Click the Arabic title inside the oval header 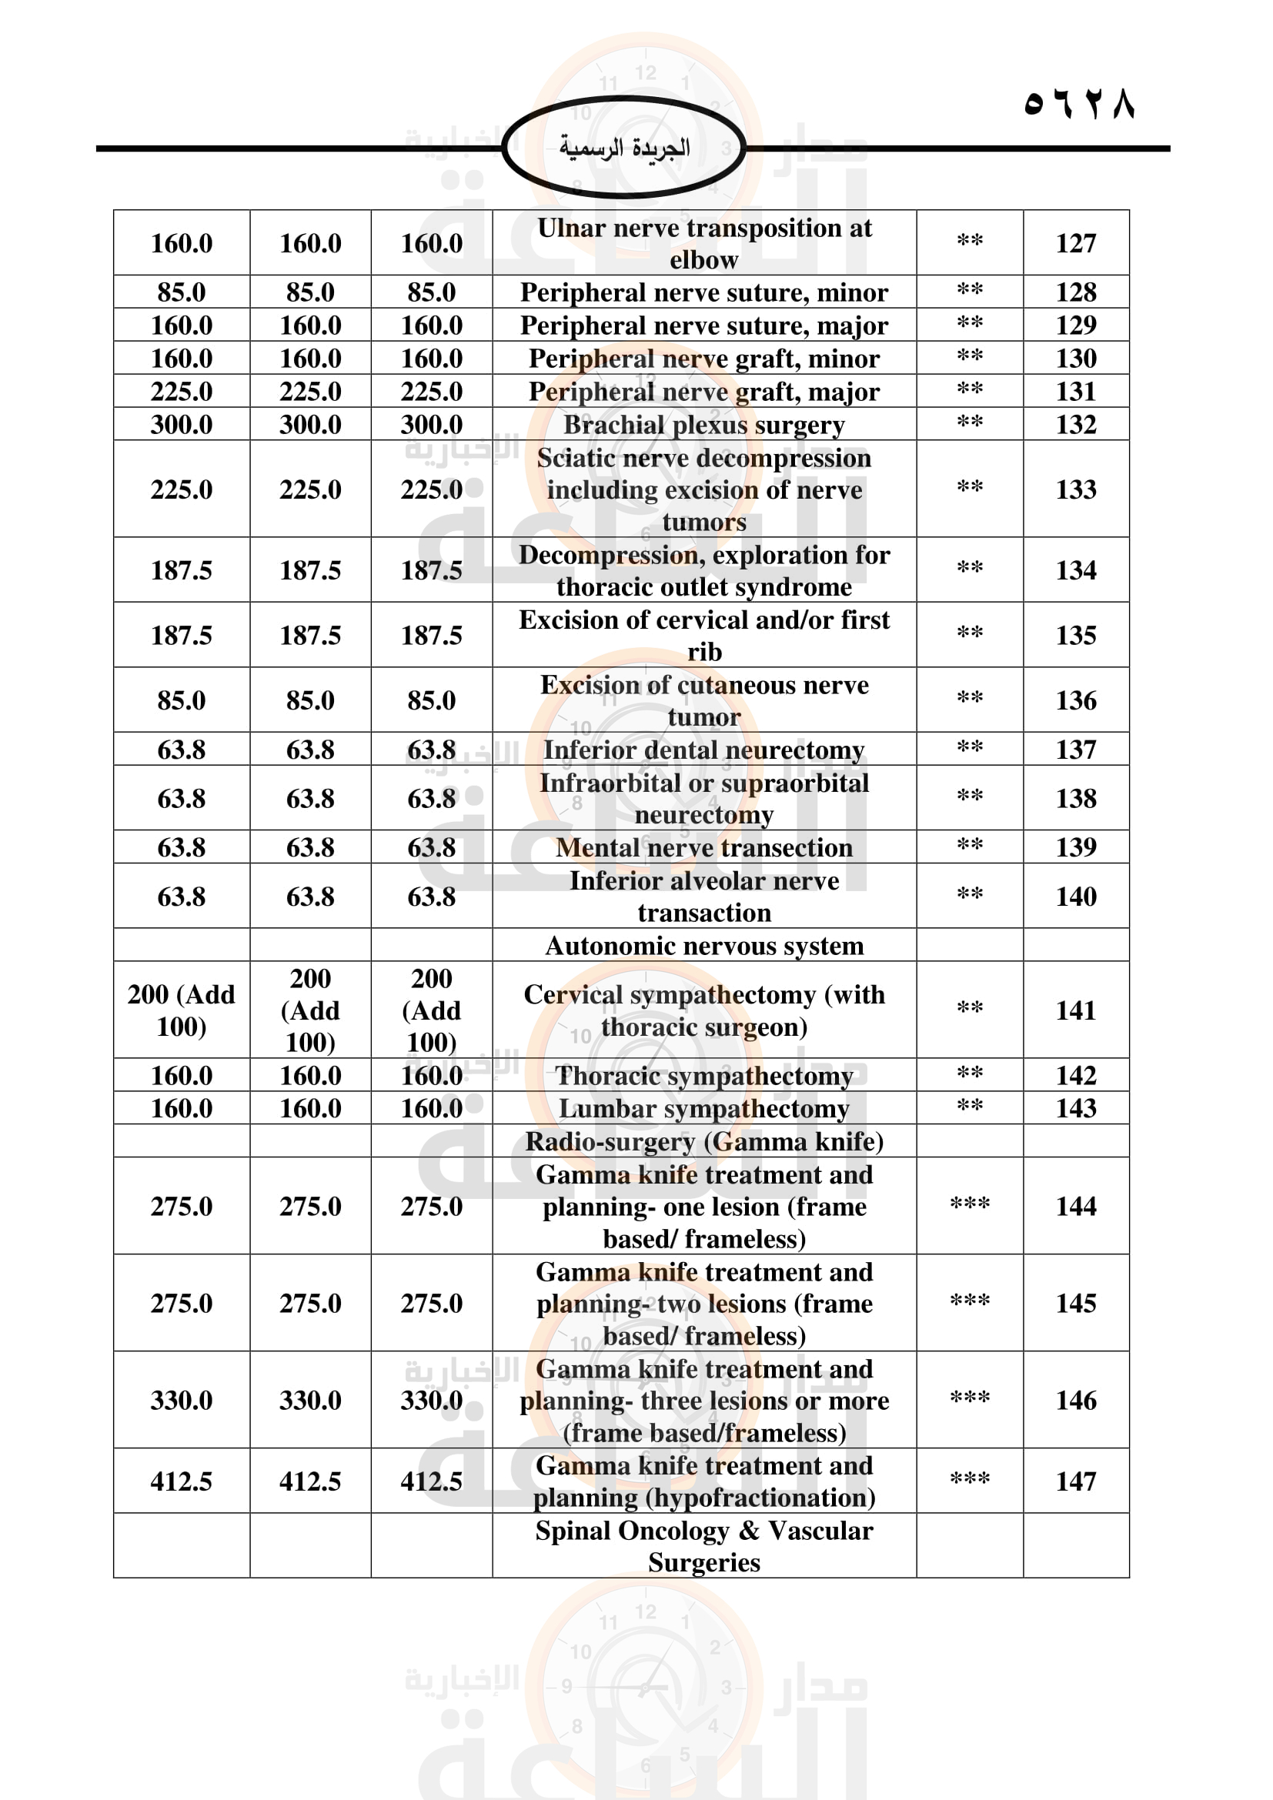[x=624, y=148]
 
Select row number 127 [x=1075, y=243]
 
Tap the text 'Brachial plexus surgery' [x=704, y=424]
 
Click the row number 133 [x=1075, y=489]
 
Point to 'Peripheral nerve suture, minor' [x=704, y=292]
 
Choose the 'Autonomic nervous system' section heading [x=704, y=946]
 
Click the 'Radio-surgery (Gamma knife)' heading [x=704, y=1141]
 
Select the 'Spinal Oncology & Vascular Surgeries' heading [x=704, y=1546]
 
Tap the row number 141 [x=1075, y=1010]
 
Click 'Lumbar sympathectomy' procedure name [x=704, y=1108]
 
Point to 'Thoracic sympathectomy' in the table [x=704, y=1076]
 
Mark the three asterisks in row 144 [x=970, y=1204]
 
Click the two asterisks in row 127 [x=970, y=242]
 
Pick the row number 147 [x=1075, y=1481]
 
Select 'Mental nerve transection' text [x=704, y=847]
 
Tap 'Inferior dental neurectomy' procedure [x=704, y=750]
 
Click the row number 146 [x=1075, y=1400]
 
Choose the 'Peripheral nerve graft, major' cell [x=704, y=391]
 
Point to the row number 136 [x=1075, y=700]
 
